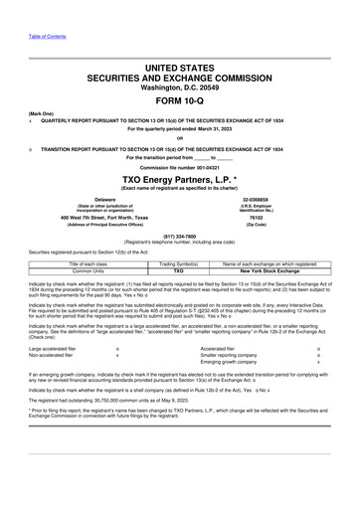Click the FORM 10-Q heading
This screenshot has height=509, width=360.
[x=179, y=102]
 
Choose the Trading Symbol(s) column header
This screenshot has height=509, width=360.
[x=179, y=262]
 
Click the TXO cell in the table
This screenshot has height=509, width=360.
[x=179, y=269]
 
